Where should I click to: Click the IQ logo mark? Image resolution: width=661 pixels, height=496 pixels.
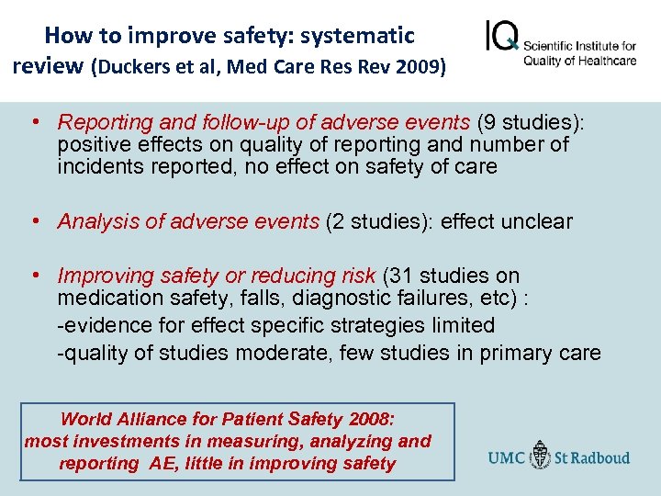coord(501,39)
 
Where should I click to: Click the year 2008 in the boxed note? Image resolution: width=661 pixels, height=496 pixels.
coord(369,420)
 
